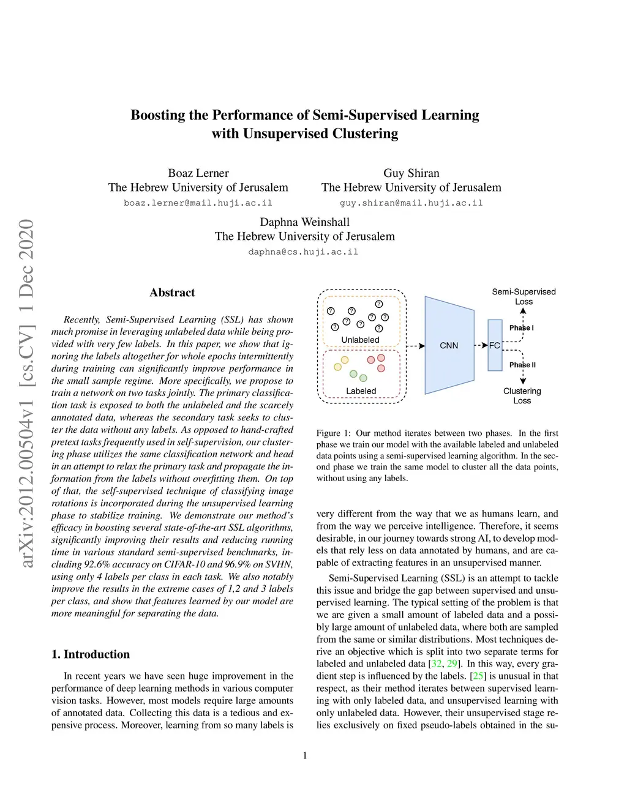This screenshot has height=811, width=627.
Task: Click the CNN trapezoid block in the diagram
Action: click(449, 345)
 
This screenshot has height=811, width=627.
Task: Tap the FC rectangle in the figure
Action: click(495, 345)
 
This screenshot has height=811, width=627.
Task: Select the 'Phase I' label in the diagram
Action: click(521, 327)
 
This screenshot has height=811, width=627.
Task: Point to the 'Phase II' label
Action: click(522, 365)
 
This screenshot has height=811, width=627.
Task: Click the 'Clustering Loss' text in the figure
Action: click(522, 395)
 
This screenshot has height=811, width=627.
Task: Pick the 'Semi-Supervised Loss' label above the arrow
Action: click(524, 296)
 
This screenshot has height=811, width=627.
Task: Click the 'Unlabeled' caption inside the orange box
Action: click(360, 340)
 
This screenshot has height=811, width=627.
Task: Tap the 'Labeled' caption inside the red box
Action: click(361, 391)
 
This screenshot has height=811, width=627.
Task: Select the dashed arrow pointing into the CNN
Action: click(416, 346)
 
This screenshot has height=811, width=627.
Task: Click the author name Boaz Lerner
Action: click(198, 173)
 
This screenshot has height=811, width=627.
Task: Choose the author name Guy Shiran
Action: click(411, 173)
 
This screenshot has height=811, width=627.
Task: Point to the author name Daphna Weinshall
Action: click(304, 222)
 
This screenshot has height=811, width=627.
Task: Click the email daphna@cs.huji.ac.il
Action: click(303, 252)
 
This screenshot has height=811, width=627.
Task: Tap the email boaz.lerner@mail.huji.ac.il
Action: click(198, 203)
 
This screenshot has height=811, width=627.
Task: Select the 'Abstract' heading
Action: click(172, 293)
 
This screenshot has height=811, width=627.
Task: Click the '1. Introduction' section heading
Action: click(91, 654)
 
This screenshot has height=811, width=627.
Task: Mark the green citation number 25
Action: click(478, 676)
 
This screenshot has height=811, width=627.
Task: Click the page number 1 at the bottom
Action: click(305, 755)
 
